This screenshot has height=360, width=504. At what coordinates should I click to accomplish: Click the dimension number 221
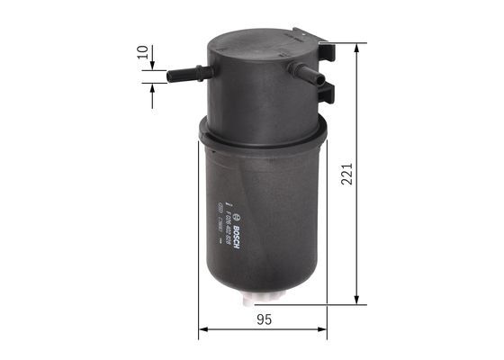tap(347, 174)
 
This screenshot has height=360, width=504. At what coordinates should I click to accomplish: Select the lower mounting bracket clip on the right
tap(327, 90)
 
